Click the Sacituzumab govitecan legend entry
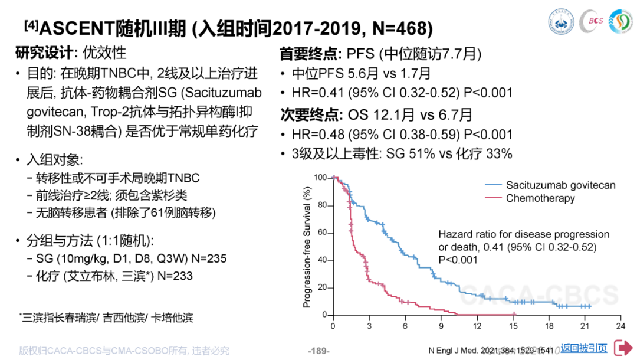click(x=560, y=185)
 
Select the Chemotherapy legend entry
click(x=540, y=198)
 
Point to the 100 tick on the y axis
click(x=320, y=178)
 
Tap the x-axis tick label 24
click(x=620, y=326)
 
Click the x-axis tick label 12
click(x=477, y=326)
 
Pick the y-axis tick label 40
click(x=322, y=260)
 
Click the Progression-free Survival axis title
click(x=307, y=247)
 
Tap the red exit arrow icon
click(x=623, y=348)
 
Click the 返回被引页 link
click(x=583, y=348)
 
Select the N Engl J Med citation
click(x=492, y=351)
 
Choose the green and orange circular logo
click(x=618, y=21)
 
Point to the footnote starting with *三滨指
click(x=106, y=318)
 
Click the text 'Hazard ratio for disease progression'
click(x=524, y=234)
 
